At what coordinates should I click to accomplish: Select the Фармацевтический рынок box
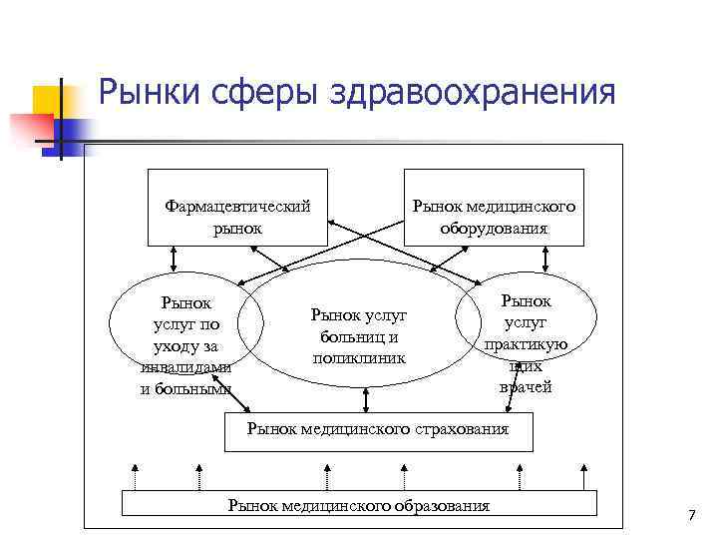coord(237,207)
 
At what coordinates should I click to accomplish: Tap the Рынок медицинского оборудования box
coord(494,207)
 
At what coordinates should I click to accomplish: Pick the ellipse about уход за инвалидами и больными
coord(185,334)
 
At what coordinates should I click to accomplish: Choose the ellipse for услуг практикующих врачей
coord(526,334)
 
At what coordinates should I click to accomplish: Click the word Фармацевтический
coord(237,207)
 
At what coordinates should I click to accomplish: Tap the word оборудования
coord(494,228)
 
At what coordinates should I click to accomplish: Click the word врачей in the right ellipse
coord(526,387)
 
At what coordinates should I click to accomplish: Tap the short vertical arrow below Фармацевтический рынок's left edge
coord(176,258)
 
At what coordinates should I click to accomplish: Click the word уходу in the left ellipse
coord(185,345)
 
